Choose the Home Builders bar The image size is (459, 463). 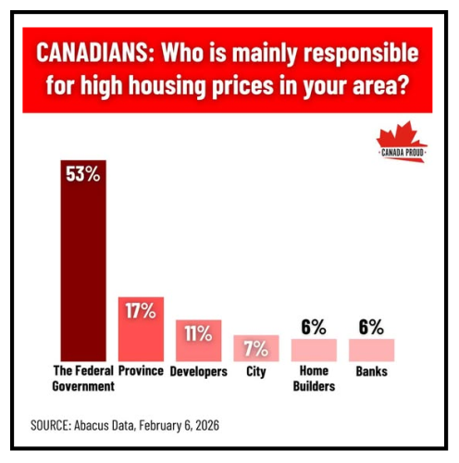pyautogui.click(x=313, y=350)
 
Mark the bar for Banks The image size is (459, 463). pyautogui.click(x=371, y=350)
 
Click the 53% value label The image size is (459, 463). pyautogui.click(x=83, y=173)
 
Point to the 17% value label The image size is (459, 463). pyautogui.click(x=141, y=310)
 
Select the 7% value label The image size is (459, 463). pyautogui.click(x=255, y=349)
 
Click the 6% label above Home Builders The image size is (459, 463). pyautogui.click(x=313, y=326)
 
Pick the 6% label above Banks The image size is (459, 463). pyautogui.click(x=371, y=326)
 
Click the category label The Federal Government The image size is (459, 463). pyautogui.click(x=83, y=378)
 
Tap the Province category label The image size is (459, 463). pyautogui.click(x=141, y=371)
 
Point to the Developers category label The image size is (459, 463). pyautogui.click(x=198, y=371)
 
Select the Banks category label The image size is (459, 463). pyautogui.click(x=371, y=371)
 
